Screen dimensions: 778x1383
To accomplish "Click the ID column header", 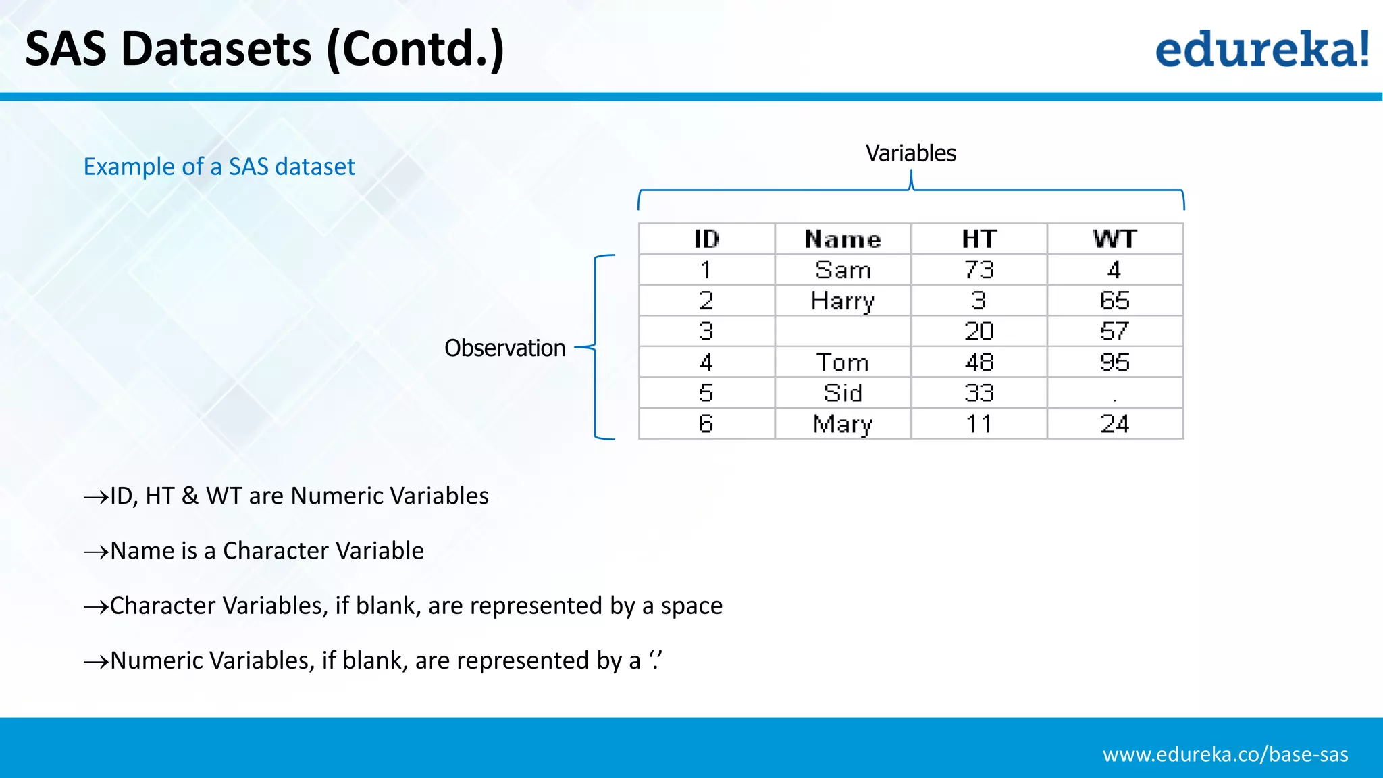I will (706, 239).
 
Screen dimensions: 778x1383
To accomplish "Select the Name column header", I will (843, 239).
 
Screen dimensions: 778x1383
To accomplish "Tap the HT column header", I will (978, 239).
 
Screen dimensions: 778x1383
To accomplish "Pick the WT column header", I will (1115, 239).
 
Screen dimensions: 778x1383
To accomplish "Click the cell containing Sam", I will (843, 270).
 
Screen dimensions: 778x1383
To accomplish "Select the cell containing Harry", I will (843, 301).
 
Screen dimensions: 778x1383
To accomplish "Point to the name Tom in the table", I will (843, 363).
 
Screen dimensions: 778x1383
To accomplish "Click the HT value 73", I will (978, 270).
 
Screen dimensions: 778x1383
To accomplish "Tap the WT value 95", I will (1115, 363).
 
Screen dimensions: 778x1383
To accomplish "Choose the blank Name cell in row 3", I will (843, 332).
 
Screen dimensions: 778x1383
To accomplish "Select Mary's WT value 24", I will (1115, 424).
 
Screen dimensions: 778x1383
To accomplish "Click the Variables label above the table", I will (911, 153).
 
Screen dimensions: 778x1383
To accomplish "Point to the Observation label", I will (504, 348).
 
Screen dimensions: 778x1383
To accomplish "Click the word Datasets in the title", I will (216, 49).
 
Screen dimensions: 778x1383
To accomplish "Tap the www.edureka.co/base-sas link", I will (1225, 754).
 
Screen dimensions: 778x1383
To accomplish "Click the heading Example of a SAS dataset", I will (219, 166).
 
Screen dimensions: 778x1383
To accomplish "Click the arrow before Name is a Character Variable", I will (96, 552).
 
